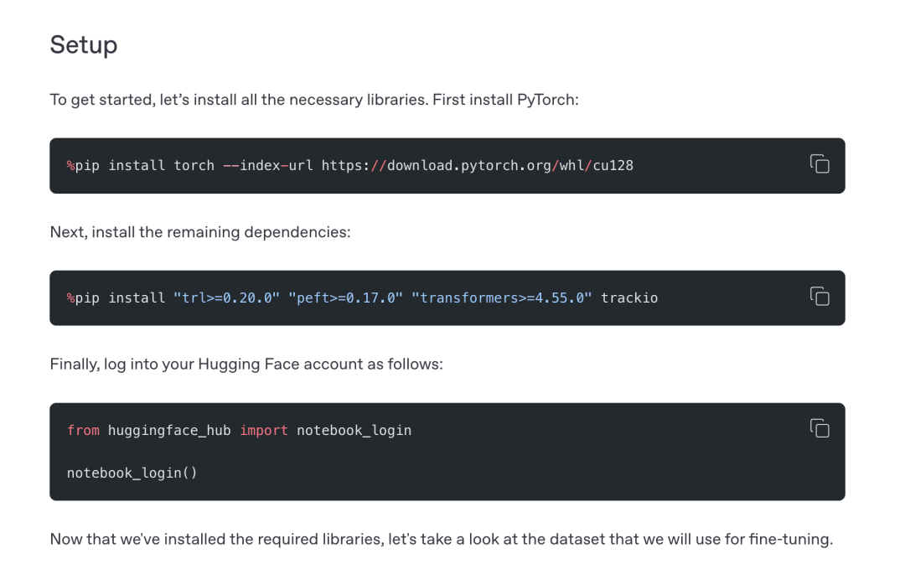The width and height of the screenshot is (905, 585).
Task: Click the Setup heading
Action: coord(84,45)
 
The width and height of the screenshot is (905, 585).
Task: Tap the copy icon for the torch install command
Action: coord(820,164)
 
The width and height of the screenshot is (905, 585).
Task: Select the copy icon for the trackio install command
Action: coord(820,296)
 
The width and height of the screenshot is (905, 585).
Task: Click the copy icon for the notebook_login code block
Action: coord(820,428)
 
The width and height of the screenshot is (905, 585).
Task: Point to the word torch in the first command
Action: coord(194,166)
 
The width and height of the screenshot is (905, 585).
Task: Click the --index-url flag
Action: coord(268,166)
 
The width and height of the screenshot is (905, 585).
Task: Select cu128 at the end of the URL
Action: coord(613,166)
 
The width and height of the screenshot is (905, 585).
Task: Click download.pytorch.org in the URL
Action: coord(469,166)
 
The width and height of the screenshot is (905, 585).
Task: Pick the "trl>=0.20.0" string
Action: coord(227,298)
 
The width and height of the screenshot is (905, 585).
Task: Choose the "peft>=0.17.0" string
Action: coord(346,298)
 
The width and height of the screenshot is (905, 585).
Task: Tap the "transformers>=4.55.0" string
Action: coord(502,298)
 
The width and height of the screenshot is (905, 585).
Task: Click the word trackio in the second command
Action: coord(629,298)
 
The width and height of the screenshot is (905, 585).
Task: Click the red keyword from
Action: coord(83,430)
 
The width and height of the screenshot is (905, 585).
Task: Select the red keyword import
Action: coord(264,431)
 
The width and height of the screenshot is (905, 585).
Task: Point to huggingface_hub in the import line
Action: coord(169,431)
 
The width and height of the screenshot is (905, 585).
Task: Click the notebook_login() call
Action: coord(132,473)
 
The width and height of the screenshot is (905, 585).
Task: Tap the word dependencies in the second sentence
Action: coord(297,233)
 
